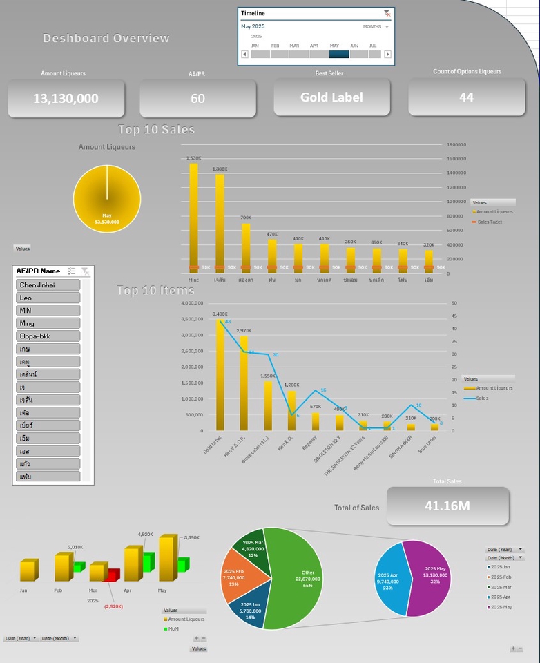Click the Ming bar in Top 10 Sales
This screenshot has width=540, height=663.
[193, 214]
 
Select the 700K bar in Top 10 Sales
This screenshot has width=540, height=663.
[246, 245]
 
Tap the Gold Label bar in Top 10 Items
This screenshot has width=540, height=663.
[221, 373]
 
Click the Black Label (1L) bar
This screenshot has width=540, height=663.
[268, 404]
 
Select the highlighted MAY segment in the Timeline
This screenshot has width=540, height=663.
[339, 54]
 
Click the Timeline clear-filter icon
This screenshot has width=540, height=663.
[387, 13]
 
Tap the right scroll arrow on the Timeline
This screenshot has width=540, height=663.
[387, 54]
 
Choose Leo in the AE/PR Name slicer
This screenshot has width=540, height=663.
[48, 298]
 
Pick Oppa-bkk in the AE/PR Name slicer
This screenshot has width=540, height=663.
[48, 336]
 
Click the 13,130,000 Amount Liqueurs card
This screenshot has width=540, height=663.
[66, 98]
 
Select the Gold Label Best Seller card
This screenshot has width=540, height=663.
[331, 97]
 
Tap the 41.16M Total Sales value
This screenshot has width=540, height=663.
[447, 506]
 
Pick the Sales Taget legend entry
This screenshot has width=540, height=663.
[490, 222]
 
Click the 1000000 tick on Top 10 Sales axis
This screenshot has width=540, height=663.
[456, 202]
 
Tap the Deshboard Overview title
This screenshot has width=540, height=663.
[106, 38]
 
